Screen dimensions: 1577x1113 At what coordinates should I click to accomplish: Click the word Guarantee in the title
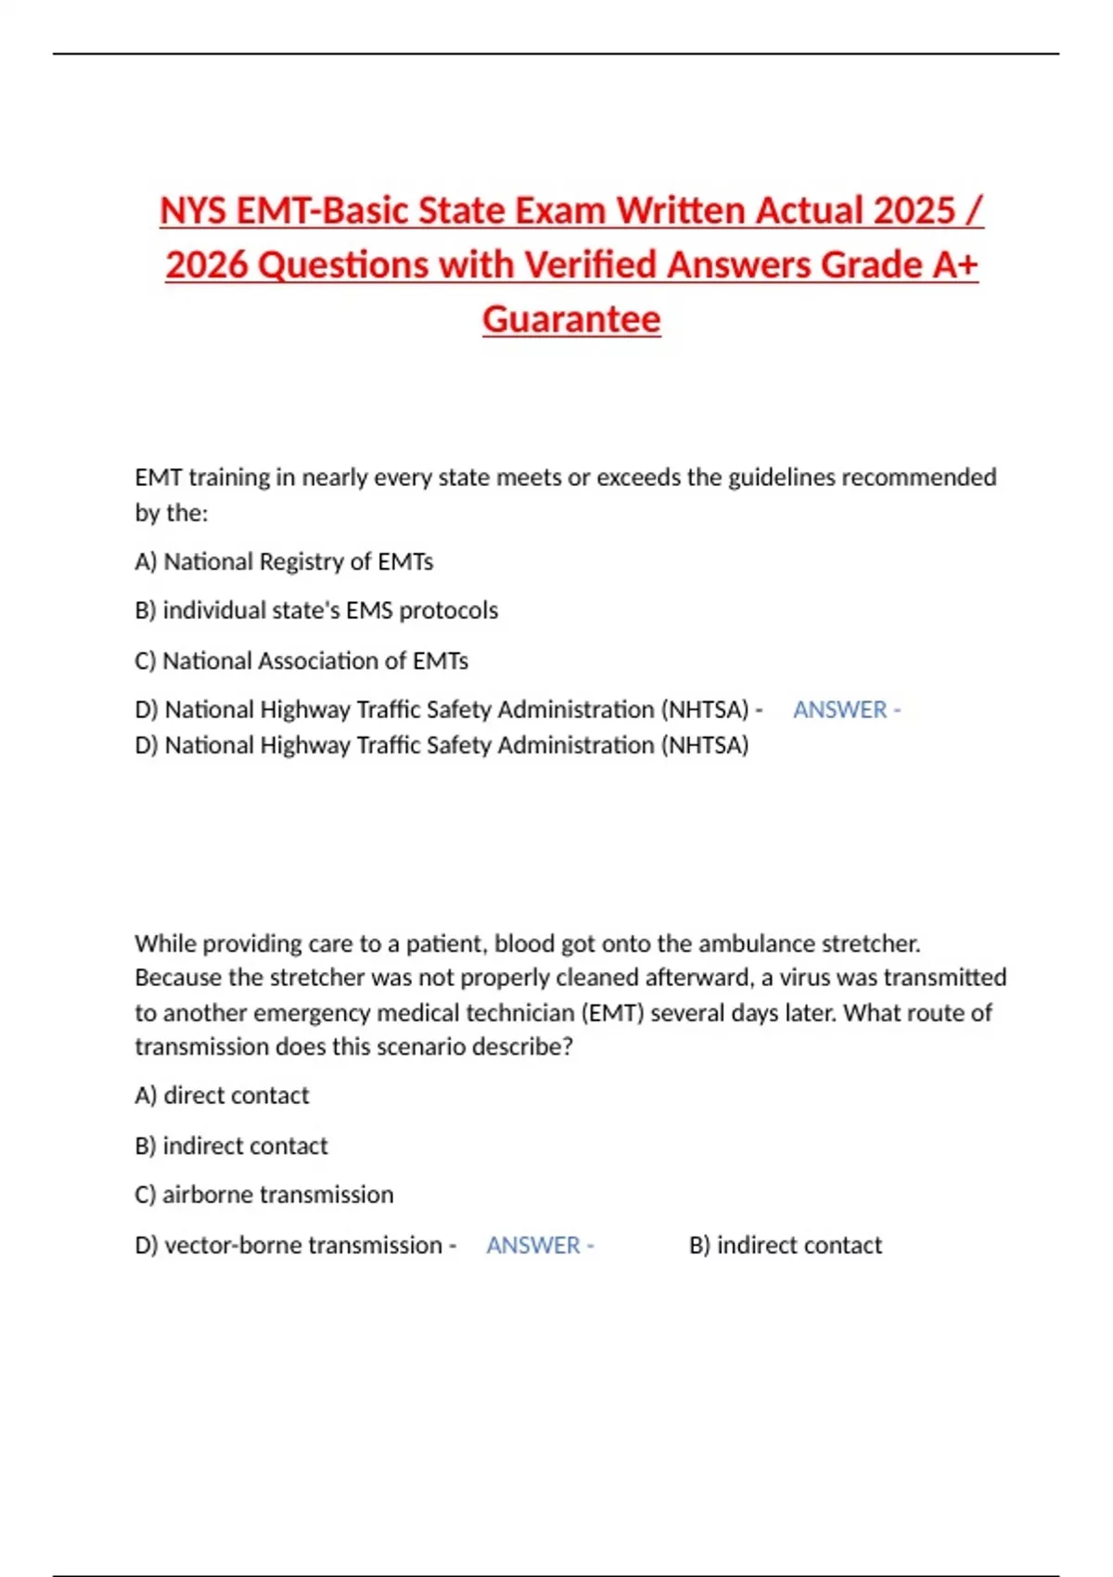pyautogui.click(x=571, y=319)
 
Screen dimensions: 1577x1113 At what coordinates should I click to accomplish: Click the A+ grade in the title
pyautogui.click(x=955, y=265)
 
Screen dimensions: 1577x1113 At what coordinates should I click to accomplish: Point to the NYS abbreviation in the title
pyautogui.click(x=193, y=211)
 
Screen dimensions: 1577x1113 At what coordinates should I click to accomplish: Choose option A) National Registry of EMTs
pyautogui.click(x=284, y=562)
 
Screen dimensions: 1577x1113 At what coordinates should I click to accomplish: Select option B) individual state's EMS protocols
pyautogui.click(x=316, y=610)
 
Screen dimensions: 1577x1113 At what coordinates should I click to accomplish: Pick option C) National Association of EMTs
pyautogui.click(x=301, y=661)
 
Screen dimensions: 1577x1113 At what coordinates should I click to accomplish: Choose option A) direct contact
pyautogui.click(x=222, y=1096)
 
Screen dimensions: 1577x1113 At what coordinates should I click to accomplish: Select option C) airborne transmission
pyautogui.click(x=264, y=1195)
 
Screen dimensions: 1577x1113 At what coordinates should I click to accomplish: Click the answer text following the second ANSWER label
pyautogui.click(x=786, y=1246)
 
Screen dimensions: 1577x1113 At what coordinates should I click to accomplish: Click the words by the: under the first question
pyautogui.click(x=172, y=513)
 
